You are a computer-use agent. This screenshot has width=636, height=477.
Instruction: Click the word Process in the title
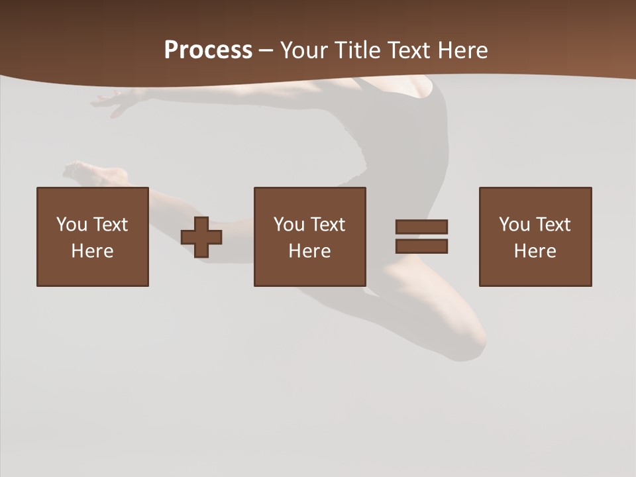click(208, 50)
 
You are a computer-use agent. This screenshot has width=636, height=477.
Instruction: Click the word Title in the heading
click(357, 50)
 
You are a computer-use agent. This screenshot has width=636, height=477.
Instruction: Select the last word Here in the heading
click(464, 50)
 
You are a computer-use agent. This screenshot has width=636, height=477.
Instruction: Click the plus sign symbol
click(201, 237)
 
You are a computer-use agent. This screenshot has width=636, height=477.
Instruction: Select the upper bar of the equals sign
click(421, 227)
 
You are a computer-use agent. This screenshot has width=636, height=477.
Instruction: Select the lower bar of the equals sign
click(421, 246)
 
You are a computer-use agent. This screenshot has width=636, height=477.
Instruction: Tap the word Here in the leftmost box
click(93, 251)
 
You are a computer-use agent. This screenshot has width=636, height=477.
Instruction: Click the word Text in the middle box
click(327, 225)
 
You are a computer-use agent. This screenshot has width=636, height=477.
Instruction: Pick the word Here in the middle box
click(310, 251)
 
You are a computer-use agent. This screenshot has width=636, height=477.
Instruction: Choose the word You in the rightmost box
click(515, 225)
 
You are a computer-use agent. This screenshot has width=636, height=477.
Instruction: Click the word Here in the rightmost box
click(535, 251)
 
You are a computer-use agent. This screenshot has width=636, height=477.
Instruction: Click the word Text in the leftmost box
click(109, 225)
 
